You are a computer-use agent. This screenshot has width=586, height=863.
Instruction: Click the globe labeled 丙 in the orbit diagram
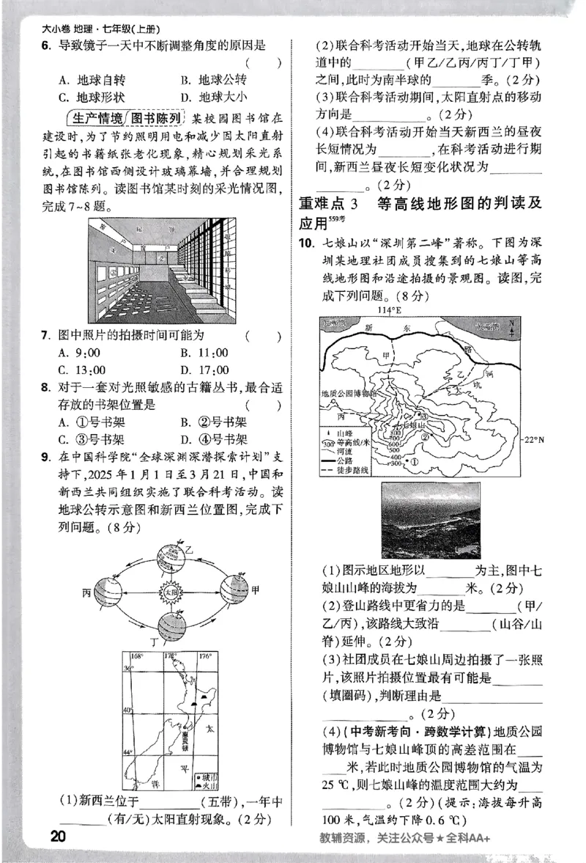(x=108, y=591)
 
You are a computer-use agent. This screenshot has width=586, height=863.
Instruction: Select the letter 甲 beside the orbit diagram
(x=255, y=591)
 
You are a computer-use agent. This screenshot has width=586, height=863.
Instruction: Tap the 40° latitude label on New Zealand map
(x=127, y=710)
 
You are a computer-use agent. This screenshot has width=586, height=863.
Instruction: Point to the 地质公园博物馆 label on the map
(x=354, y=393)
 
